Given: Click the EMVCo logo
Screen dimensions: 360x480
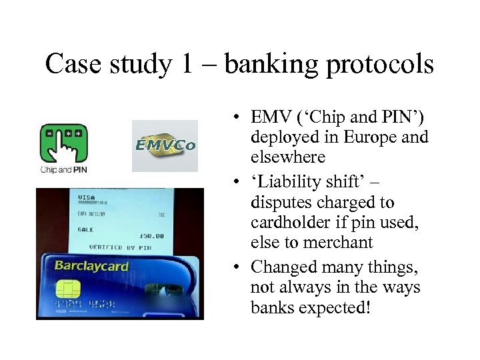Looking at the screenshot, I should (x=165, y=145).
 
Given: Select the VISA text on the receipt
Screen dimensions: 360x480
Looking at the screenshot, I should (x=87, y=197).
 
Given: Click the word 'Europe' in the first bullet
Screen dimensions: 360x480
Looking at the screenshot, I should (x=369, y=138).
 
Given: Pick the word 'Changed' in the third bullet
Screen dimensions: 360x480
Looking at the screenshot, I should (x=279, y=268).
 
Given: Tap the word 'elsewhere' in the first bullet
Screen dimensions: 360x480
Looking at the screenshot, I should (x=288, y=158).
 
